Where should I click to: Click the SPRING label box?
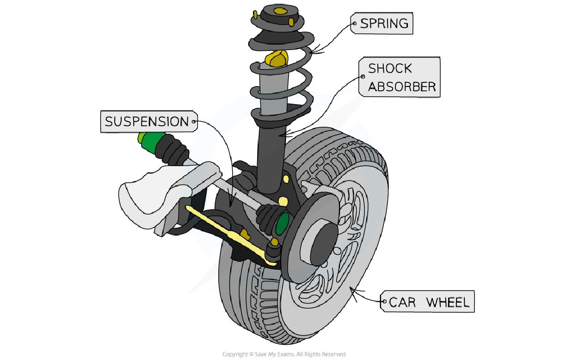pyautogui.click(x=383, y=23)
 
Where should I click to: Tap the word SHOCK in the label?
pyautogui.click(x=390, y=68)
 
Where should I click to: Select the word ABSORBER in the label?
pyautogui.click(x=401, y=87)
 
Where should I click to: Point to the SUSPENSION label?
pyautogui.click(x=147, y=122)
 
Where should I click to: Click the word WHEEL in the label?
pyautogui.click(x=447, y=303)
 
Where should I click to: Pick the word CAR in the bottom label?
pyautogui.click(x=402, y=303)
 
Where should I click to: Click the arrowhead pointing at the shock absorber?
pyautogui.click(x=283, y=135)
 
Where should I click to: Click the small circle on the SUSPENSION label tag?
pyautogui.click(x=194, y=122)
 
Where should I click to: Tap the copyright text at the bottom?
pyautogui.click(x=283, y=354)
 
